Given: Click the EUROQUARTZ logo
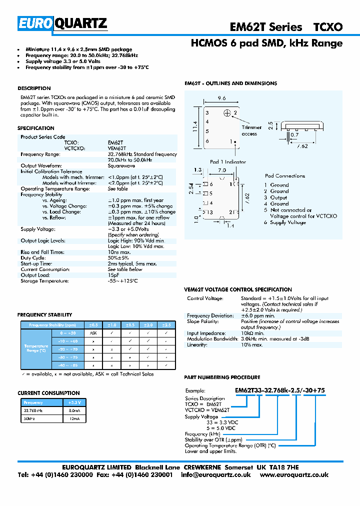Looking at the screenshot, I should [x=63, y=23].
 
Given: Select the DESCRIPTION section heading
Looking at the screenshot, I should [x=34, y=88].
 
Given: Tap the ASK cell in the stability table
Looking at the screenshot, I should [x=93, y=332].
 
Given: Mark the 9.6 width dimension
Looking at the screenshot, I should [x=221, y=98].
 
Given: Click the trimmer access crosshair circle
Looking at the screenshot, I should [x=227, y=113].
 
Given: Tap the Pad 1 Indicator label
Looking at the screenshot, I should [x=228, y=161].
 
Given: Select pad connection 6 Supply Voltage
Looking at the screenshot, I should [x=285, y=222].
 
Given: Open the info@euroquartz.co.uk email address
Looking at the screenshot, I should [x=215, y=474].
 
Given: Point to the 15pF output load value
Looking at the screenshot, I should [x=113, y=275].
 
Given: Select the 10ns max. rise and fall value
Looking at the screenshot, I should [x=118, y=252].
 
